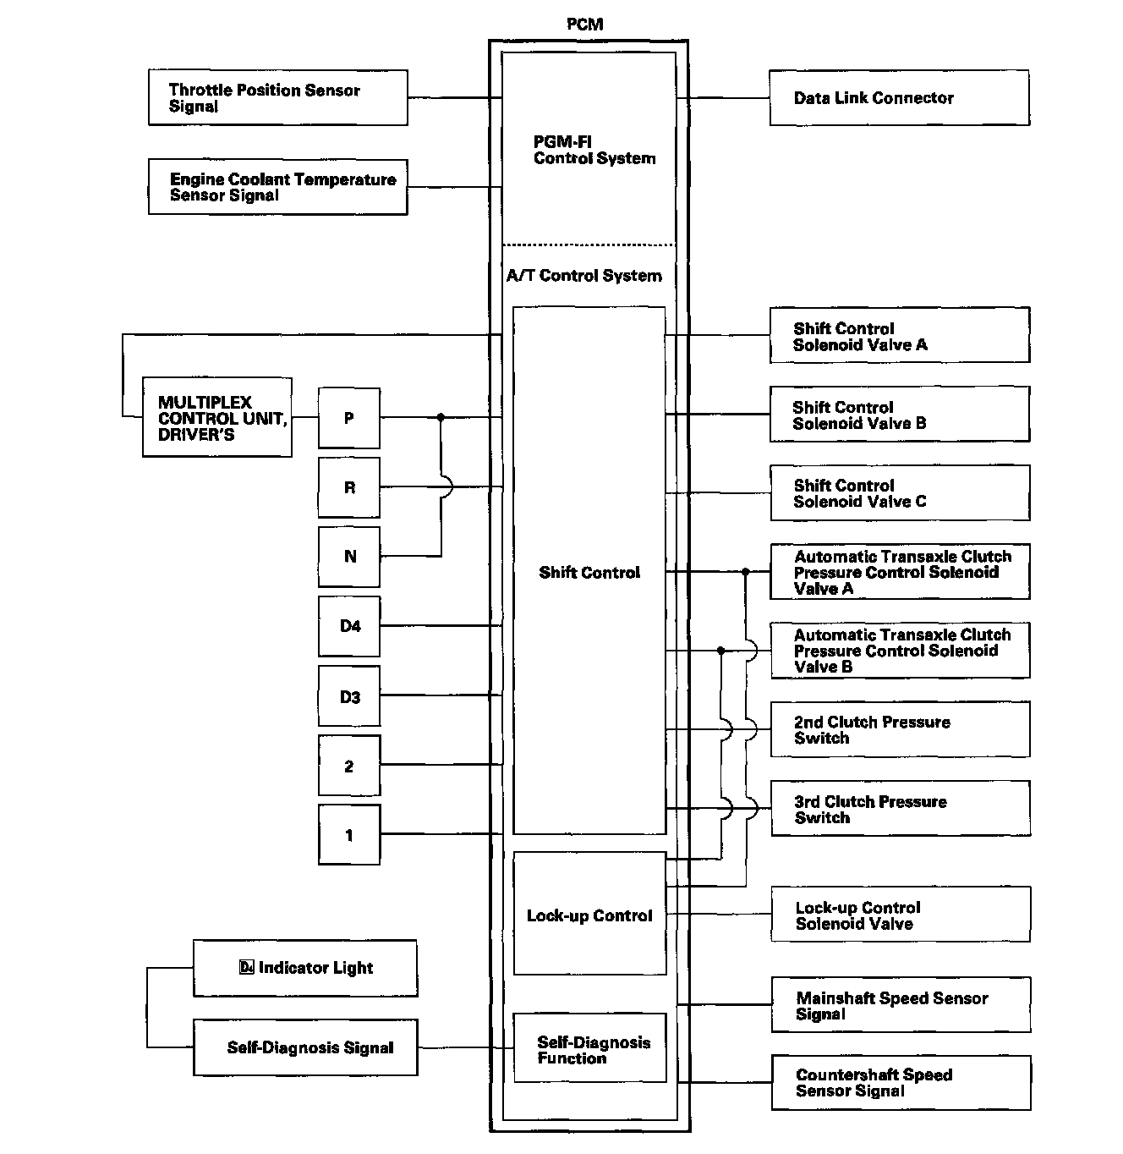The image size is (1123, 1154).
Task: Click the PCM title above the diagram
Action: [584, 24]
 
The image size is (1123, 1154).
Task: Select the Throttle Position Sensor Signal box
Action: [277, 98]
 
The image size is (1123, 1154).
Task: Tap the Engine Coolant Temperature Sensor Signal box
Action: [277, 187]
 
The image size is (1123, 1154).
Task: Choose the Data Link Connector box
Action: [899, 98]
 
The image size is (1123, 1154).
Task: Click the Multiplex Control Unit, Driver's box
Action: [217, 418]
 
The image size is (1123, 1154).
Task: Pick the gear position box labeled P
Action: [349, 418]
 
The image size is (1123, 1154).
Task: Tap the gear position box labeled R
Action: [349, 487]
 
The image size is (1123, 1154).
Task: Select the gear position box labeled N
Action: [349, 557]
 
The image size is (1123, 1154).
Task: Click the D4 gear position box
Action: [349, 626]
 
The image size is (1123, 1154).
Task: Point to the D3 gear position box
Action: [349, 696]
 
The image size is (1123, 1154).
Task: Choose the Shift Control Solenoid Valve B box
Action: [899, 415]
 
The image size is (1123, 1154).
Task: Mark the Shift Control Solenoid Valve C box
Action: [899, 493]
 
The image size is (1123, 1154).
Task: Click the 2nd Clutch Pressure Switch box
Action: [899, 729]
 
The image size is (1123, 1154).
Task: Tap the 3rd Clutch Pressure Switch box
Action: [899, 809]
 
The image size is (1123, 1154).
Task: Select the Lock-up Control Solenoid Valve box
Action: [900, 915]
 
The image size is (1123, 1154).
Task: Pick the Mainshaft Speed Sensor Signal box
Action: [900, 1005]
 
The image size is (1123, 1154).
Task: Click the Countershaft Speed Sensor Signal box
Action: [900, 1082]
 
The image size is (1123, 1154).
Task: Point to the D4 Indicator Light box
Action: [305, 968]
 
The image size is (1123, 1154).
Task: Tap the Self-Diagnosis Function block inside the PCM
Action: [589, 1048]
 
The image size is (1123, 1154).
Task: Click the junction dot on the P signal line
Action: [441, 417]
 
